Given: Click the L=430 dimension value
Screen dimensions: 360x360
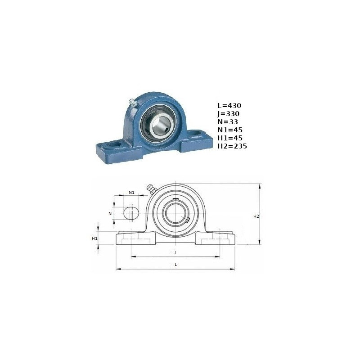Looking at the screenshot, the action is point(229,106).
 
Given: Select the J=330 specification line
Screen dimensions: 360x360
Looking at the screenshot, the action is point(229,114).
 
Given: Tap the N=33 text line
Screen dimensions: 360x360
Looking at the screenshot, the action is point(228,121).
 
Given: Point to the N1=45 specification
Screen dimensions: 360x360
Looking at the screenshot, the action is point(230,130).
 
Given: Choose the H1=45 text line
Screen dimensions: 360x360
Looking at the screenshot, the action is point(230,138).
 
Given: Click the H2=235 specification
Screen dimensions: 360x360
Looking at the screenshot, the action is point(232,146).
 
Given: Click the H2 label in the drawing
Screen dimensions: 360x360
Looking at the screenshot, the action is point(256,216).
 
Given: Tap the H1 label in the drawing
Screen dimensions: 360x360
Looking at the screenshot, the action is point(94,238).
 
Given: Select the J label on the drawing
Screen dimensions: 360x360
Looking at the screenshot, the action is point(175,253).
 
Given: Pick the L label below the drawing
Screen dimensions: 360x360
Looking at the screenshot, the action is point(176,265).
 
